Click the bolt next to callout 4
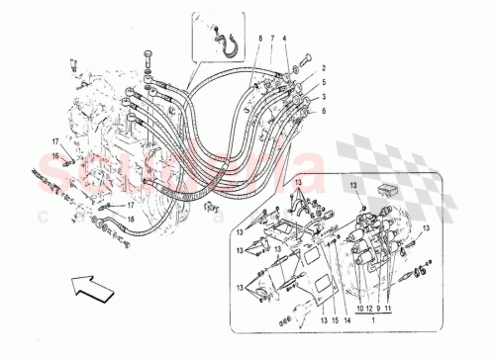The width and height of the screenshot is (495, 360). point(301,61)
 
